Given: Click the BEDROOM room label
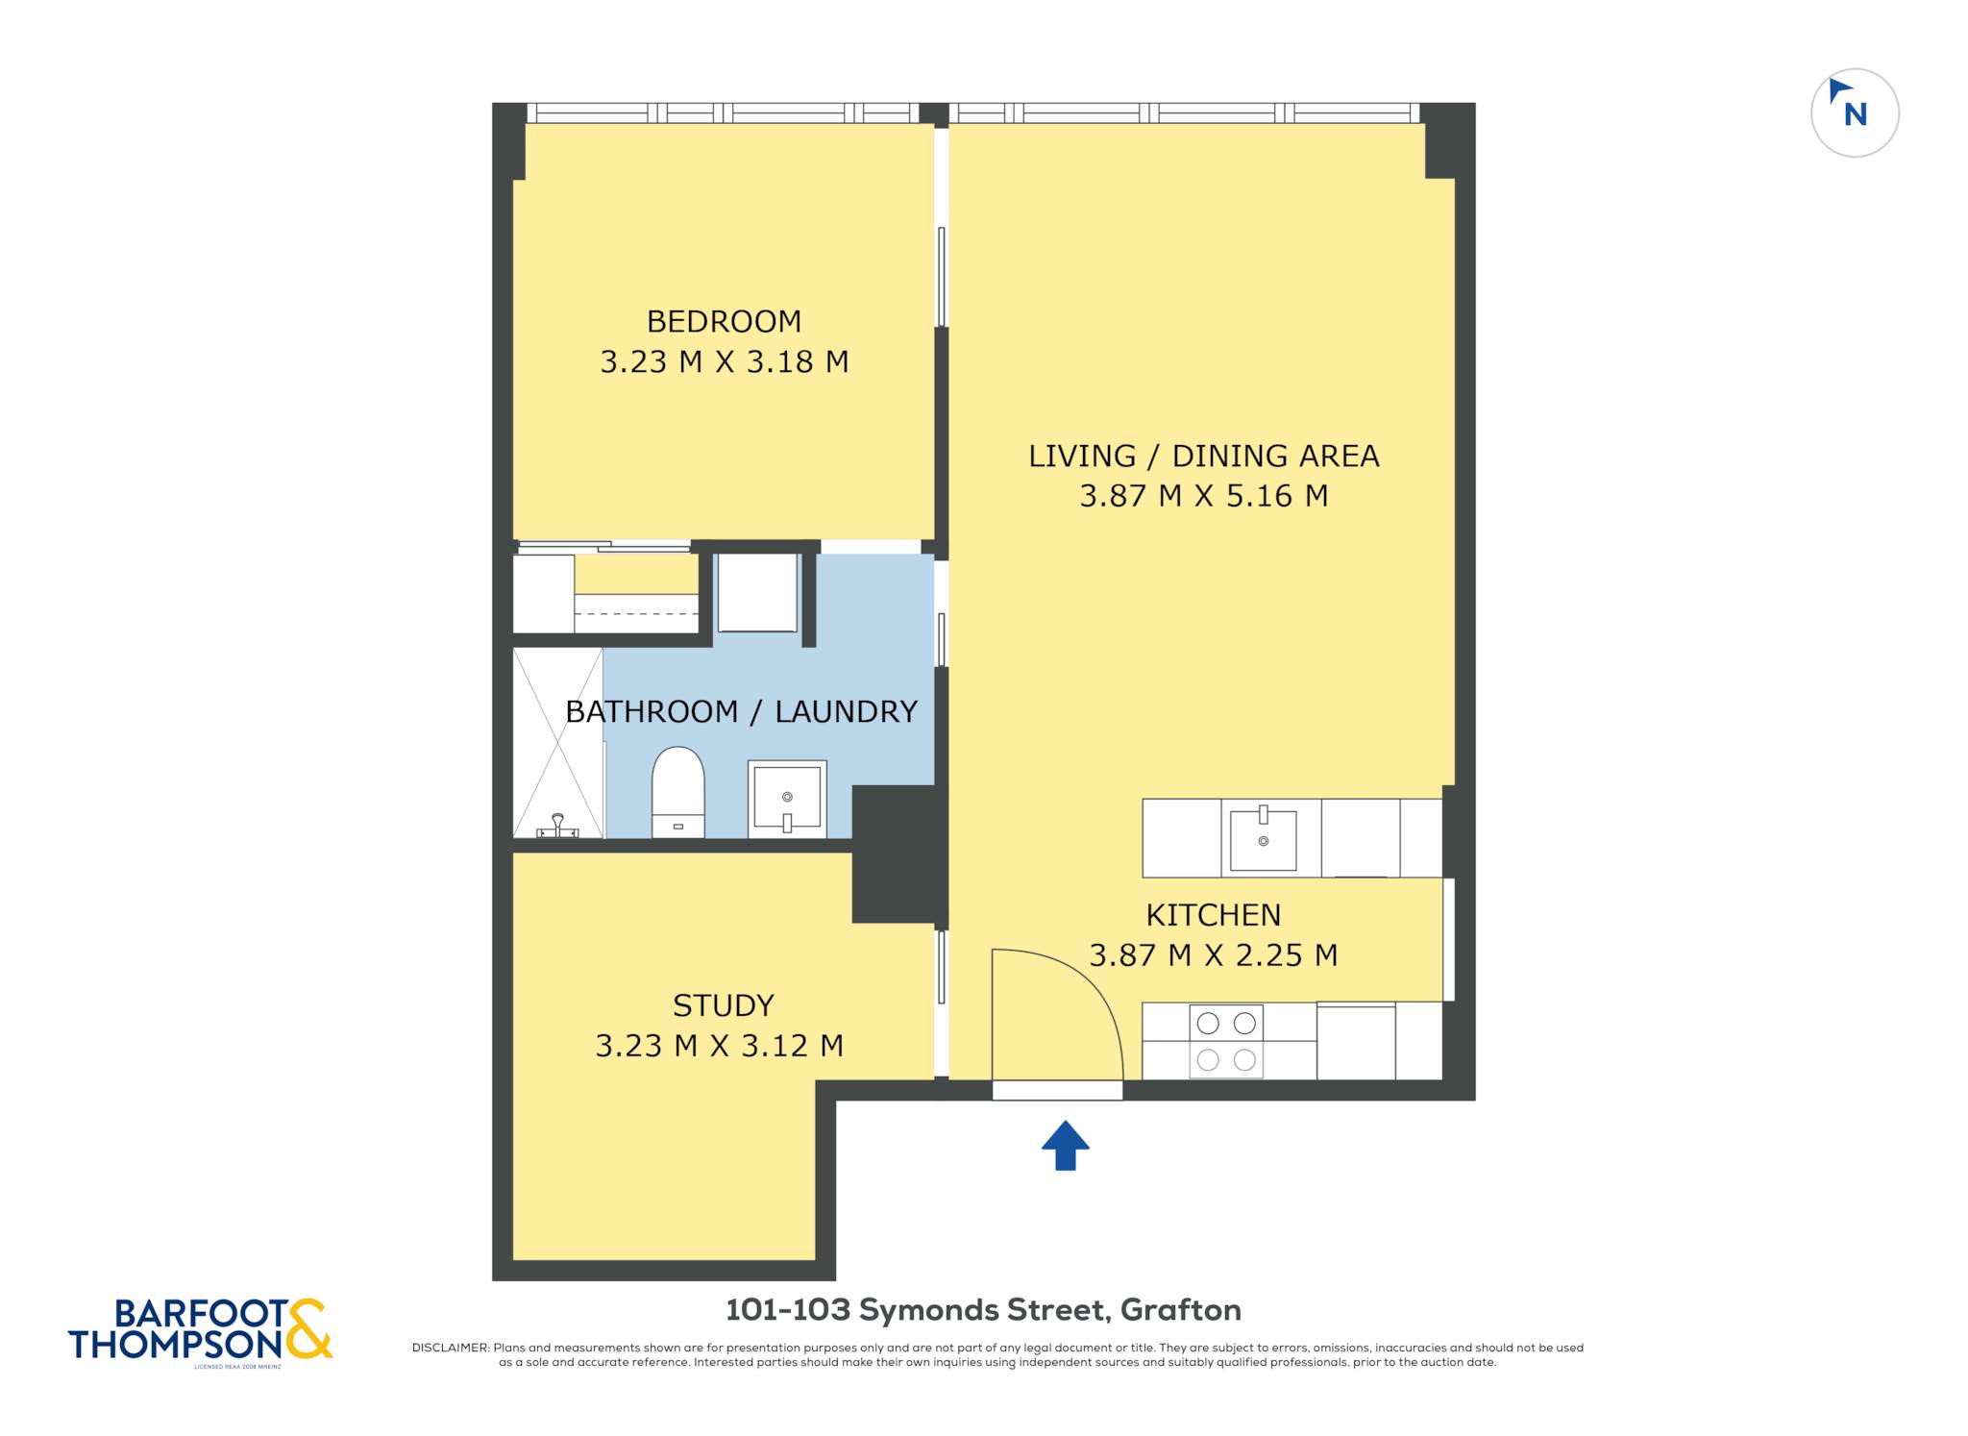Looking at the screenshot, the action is tap(724, 321).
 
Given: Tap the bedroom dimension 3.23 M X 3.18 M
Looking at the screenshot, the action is tap(725, 362).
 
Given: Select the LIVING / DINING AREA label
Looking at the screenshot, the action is tap(1204, 457).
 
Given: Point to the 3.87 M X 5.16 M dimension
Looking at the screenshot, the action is tap(1204, 496).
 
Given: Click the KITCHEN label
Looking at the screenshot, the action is tap(1214, 915).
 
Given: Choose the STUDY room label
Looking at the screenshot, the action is tap(723, 1005).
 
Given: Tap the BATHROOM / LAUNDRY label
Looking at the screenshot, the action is tap(741, 712).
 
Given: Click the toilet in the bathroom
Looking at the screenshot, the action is tap(678, 792).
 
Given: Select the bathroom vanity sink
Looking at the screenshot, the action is tap(787, 799).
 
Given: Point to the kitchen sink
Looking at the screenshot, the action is tap(1263, 838).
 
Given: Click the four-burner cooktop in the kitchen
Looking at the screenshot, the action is tap(1226, 1041).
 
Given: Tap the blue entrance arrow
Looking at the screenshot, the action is tap(1066, 1145).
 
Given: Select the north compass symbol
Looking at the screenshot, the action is tap(1855, 113).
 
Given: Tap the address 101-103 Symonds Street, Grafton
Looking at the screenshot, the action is tap(983, 1310).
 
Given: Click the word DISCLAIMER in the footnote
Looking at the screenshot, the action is tap(451, 1348).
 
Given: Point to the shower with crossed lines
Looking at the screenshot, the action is tap(558, 743).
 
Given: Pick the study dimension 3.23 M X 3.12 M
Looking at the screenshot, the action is tap(720, 1046).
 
